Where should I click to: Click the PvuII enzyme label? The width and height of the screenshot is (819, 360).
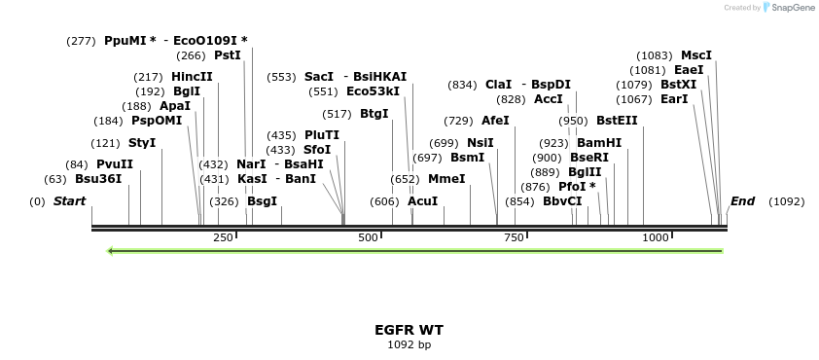coord(114,163)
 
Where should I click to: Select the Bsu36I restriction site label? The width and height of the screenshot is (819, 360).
coord(98,178)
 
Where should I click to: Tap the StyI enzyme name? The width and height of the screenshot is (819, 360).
coord(142,143)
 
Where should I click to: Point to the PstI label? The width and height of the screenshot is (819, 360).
coord(227,55)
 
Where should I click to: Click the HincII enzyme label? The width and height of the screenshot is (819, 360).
coord(192,76)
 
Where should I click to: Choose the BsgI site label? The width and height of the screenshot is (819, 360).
coord(262,201)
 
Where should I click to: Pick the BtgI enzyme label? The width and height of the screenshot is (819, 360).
coord(374,113)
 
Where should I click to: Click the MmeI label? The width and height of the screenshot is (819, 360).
coord(446,178)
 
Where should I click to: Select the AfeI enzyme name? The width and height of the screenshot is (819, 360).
coord(495,121)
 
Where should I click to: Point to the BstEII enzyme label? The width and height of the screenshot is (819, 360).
coord(617,121)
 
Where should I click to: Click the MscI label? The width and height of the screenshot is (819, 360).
coord(696,55)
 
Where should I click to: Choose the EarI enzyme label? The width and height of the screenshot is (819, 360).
coord(674,98)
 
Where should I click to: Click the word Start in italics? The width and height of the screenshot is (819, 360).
coord(69,201)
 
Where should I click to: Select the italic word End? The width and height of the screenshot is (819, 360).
coord(742,201)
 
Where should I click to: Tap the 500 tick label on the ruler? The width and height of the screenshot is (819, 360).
coord(368,237)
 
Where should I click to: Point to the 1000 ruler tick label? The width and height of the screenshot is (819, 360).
coord(656,237)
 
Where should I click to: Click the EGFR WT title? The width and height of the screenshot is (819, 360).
coord(409,330)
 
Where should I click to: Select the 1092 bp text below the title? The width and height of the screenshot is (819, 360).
coord(409,344)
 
